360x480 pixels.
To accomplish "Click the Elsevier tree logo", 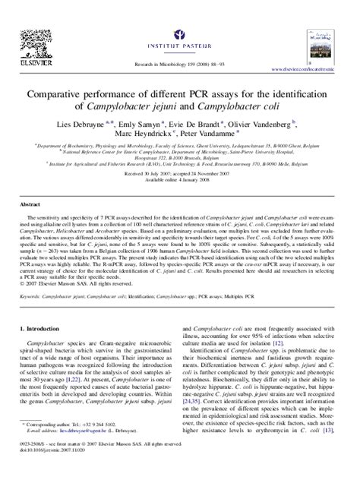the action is pos(36,33).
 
